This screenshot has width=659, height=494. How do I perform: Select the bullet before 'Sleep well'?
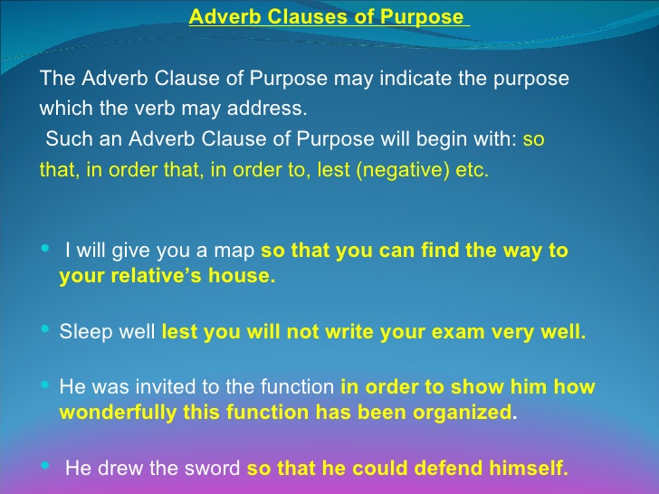[45, 331]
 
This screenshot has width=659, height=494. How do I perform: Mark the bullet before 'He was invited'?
[45, 386]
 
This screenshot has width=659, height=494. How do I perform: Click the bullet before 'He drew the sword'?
[45, 467]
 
